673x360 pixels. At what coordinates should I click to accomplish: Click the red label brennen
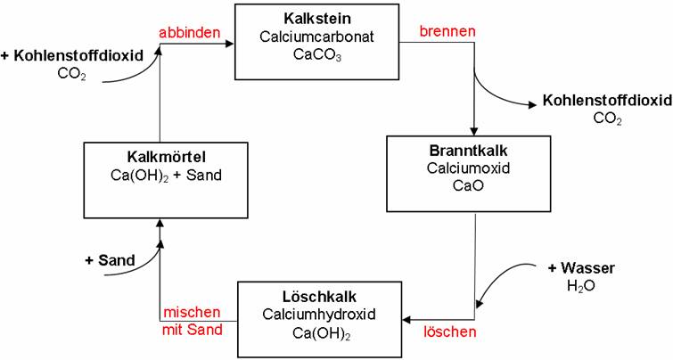(448, 31)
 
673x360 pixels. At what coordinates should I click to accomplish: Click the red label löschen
(449, 331)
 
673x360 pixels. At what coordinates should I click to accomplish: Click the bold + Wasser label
(581, 267)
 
